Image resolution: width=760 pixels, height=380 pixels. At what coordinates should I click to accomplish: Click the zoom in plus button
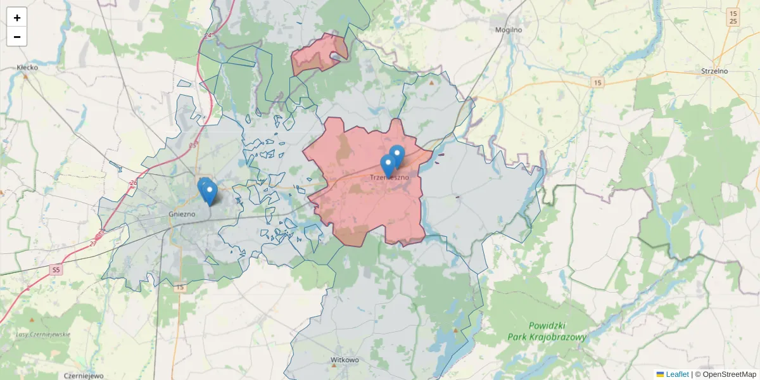click(16, 18)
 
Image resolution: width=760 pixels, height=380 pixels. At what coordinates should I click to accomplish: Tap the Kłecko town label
click(27, 66)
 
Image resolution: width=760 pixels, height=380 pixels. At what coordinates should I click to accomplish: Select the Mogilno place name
click(508, 29)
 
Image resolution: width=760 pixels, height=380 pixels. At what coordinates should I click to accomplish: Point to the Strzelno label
click(714, 71)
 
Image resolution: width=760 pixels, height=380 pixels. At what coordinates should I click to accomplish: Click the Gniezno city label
click(182, 214)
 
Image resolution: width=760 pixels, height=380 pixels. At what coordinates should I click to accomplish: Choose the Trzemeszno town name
click(389, 178)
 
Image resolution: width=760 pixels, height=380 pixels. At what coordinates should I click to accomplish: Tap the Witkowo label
click(345, 360)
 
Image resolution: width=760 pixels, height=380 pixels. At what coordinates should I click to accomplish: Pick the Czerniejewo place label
click(84, 376)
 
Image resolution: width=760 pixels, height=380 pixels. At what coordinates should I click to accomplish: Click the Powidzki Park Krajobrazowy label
click(547, 332)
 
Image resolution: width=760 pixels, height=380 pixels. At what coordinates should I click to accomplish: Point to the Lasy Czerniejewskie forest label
click(44, 334)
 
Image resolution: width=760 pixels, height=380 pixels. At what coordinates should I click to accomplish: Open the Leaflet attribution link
click(677, 374)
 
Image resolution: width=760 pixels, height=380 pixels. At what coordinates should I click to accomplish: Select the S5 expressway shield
click(56, 270)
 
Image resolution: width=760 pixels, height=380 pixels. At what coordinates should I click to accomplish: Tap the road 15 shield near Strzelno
click(597, 83)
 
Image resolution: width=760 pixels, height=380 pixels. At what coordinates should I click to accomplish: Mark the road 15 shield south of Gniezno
click(180, 288)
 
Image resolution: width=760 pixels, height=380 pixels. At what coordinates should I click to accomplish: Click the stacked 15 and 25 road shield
click(733, 17)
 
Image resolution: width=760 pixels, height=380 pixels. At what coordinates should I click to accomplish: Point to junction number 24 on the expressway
click(208, 36)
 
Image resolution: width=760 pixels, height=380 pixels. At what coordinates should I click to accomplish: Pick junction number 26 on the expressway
click(133, 183)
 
